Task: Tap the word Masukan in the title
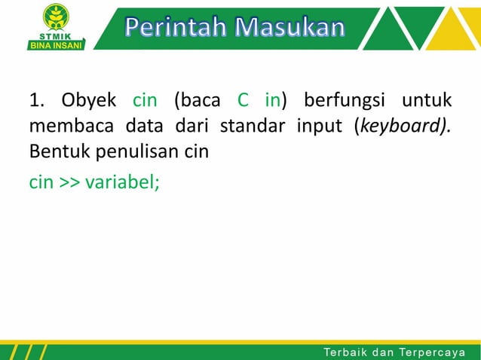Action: [289, 28]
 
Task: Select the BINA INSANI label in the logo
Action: [55, 44]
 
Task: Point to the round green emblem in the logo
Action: [55, 17]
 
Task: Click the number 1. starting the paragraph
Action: [38, 100]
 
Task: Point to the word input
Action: [319, 125]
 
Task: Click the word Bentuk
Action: [56, 150]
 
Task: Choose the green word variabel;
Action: [122, 182]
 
